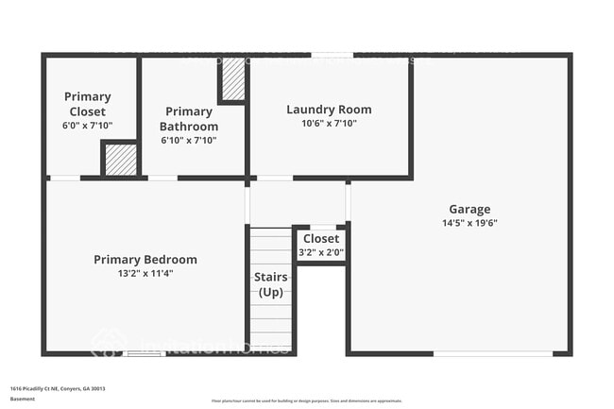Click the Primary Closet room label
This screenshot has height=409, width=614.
pos(88,103)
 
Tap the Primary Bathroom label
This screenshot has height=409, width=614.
pos(189,119)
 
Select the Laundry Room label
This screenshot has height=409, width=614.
pos(329,110)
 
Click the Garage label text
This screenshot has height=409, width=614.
pos(469,209)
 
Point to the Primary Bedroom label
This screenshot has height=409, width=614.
pos(145,260)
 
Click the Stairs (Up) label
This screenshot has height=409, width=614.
pos(272,284)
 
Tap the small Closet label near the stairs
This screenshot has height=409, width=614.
pos(321,239)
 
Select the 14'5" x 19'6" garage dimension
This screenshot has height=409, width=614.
pos(469,223)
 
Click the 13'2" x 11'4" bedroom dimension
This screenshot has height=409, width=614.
pos(145,273)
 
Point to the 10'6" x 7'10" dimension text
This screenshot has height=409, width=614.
pos(329,123)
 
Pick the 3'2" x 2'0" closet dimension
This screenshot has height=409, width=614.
pos(321,252)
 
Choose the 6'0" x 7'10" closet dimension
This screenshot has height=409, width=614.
pos(88,125)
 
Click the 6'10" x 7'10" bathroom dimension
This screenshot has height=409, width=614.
pos(189,140)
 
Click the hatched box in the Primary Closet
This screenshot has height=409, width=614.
pos(119,160)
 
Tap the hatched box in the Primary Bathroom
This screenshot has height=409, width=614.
pos(232,80)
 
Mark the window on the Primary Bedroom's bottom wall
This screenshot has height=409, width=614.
pos(145,354)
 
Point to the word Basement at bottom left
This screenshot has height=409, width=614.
pos(23,399)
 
